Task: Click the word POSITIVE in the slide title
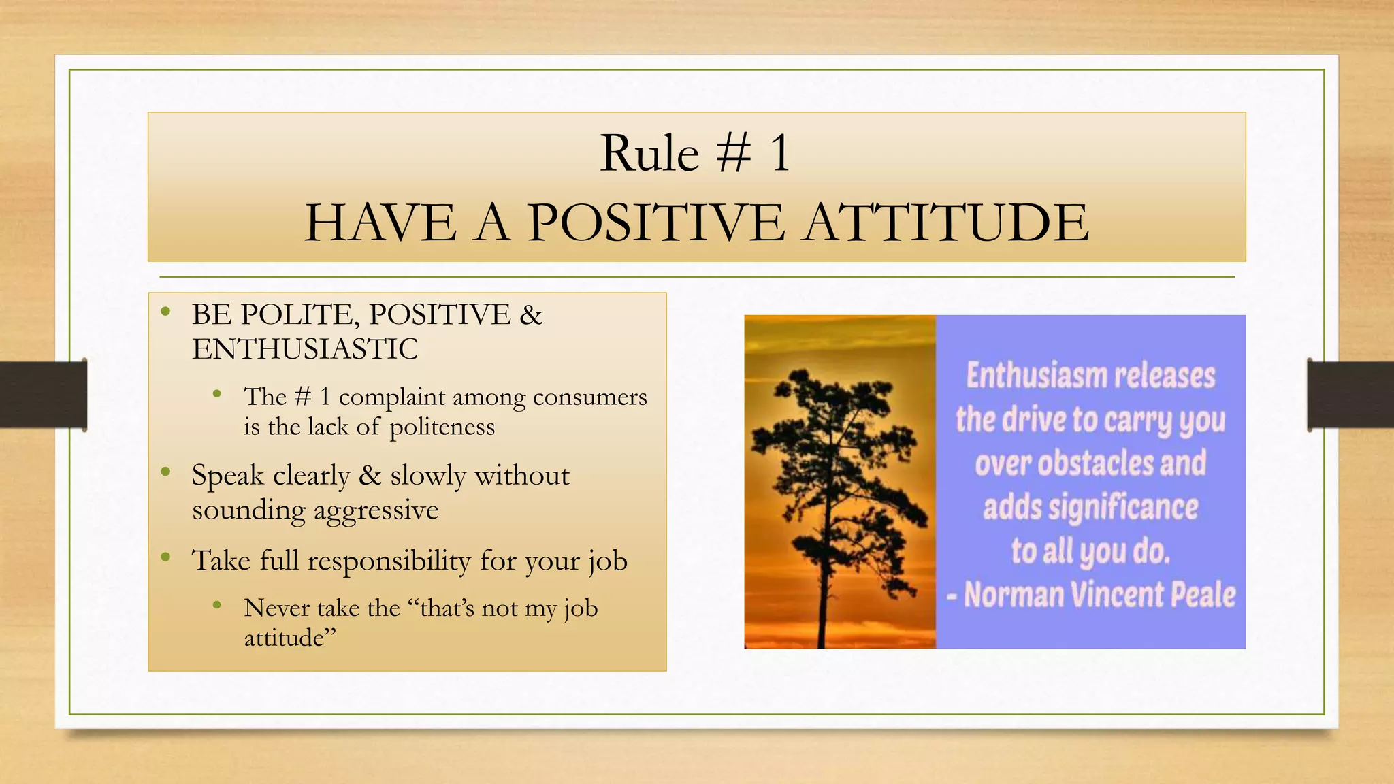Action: [656, 223]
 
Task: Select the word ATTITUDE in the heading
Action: [946, 223]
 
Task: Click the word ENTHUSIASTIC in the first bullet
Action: [305, 350]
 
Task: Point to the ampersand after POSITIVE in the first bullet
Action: [530, 315]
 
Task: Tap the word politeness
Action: [442, 427]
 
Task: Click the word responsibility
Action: [389, 561]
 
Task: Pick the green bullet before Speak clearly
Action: [165, 472]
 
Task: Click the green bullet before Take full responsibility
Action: [165, 557]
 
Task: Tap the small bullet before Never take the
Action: [217, 604]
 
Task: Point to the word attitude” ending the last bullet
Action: [290, 638]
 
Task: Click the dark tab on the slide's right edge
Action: [1350, 395]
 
